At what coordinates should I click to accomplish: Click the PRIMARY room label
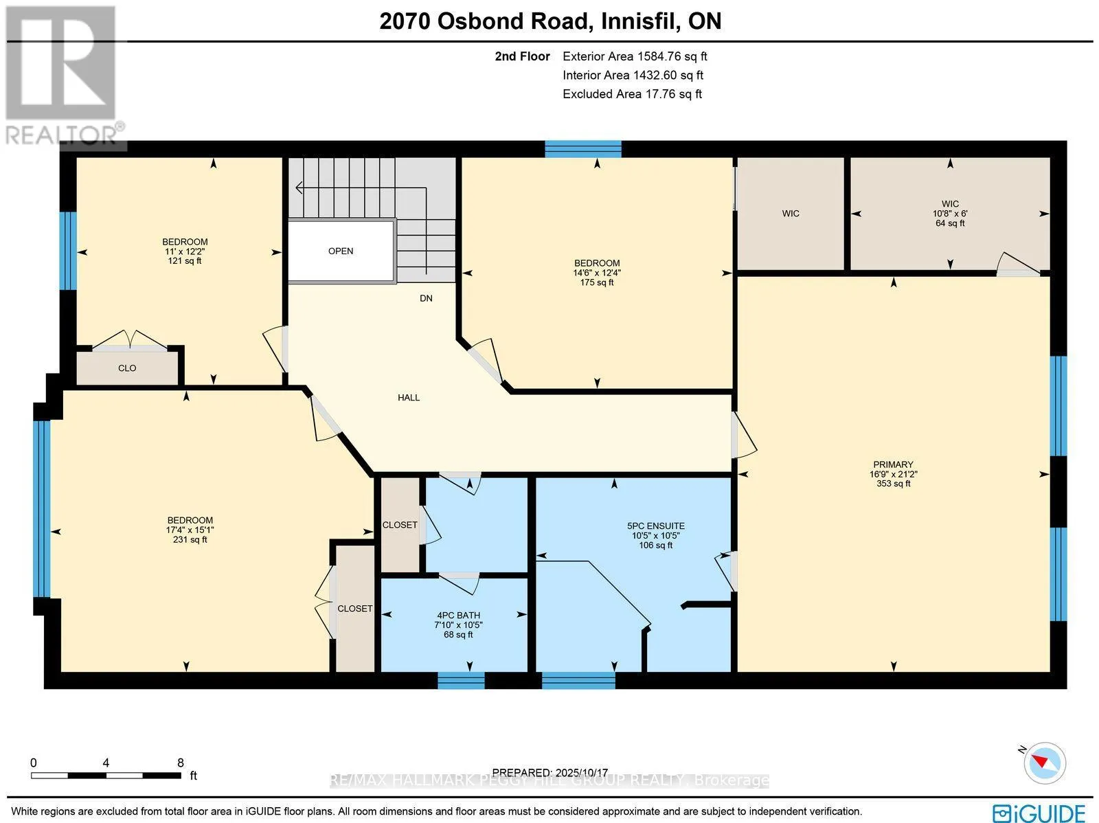(893, 464)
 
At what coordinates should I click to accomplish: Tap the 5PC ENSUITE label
(655, 526)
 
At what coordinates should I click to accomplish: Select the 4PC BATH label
(458, 616)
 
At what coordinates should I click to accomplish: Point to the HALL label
(409, 398)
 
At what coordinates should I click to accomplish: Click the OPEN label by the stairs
(341, 251)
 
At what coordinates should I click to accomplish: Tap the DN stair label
(426, 298)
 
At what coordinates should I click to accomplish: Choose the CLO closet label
(127, 368)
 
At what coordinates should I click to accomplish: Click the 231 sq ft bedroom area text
(190, 540)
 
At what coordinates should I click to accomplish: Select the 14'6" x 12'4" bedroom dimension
(597, 273)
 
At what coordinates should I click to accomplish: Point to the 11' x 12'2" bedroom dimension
(185, 251)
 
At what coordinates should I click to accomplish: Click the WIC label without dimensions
(791, 214)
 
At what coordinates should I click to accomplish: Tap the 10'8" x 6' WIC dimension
(950, 214)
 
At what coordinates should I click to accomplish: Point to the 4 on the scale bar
(106, 763)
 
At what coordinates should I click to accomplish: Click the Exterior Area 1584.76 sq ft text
(635, 56)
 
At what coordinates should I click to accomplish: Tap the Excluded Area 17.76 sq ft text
(633, 94)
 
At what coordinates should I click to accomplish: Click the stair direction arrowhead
(299, 188)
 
